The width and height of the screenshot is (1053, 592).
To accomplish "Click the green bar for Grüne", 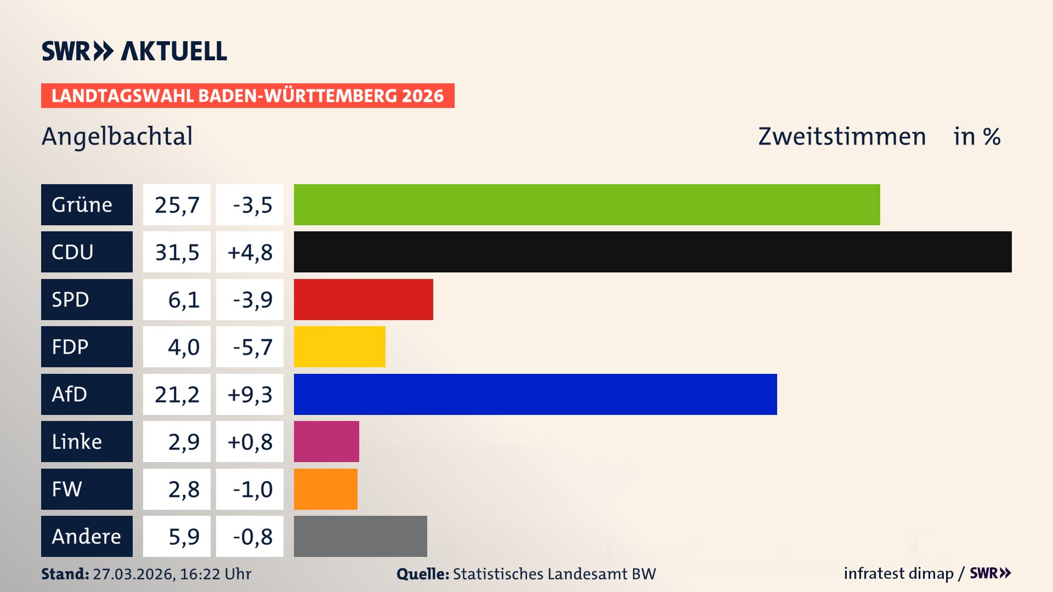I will point(587,204).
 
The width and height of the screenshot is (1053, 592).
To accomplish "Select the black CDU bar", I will point(653,252).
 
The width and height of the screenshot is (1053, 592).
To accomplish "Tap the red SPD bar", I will point(363,299).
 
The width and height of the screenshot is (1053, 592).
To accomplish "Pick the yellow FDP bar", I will point(339,346).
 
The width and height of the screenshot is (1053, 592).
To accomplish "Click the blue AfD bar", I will point(535,394).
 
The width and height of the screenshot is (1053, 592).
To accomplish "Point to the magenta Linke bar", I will point(326,441).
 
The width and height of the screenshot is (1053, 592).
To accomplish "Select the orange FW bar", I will point(325,489).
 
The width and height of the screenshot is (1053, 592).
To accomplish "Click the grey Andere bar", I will point(360,536).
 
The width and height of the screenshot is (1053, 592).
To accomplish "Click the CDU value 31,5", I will point(177,252).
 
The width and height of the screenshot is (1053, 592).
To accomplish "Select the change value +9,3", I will point(250,394).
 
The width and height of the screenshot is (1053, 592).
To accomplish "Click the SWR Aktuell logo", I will point(134,51).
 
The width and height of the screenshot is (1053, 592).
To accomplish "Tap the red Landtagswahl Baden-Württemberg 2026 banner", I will point(247,95).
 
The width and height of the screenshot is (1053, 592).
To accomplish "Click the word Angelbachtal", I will point(117,136).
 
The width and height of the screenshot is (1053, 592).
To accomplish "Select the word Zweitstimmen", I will point(842,136).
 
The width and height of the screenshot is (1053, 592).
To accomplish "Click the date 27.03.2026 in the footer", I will point(133,574).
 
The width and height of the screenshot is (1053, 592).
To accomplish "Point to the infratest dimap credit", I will point(898,573).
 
